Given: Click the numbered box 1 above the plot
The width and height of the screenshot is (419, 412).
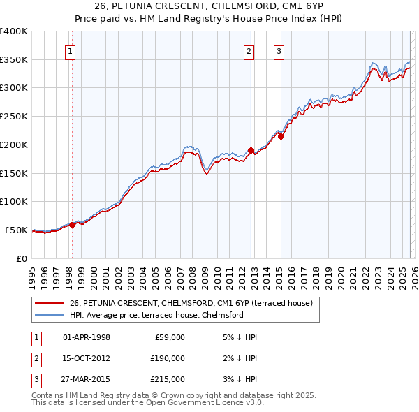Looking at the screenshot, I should click(x=71, y=50).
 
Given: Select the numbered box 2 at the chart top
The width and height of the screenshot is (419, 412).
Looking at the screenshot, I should click(x=249, y=50).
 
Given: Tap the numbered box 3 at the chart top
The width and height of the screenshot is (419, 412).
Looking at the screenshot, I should click(x=279, y=50).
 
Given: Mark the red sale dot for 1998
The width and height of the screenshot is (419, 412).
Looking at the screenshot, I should click(x=72, y=225).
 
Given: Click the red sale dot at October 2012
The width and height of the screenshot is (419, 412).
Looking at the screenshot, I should click(x=251, y=150).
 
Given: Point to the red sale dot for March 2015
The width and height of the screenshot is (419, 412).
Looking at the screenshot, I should click(x=281, y=136).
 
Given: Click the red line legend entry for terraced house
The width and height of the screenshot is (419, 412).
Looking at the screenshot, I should click(x=195, y=303).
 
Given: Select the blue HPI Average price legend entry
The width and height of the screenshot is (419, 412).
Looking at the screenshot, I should click(x=156, y=315).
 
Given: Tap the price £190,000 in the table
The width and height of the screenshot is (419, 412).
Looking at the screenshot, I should click(x=168, y=358).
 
